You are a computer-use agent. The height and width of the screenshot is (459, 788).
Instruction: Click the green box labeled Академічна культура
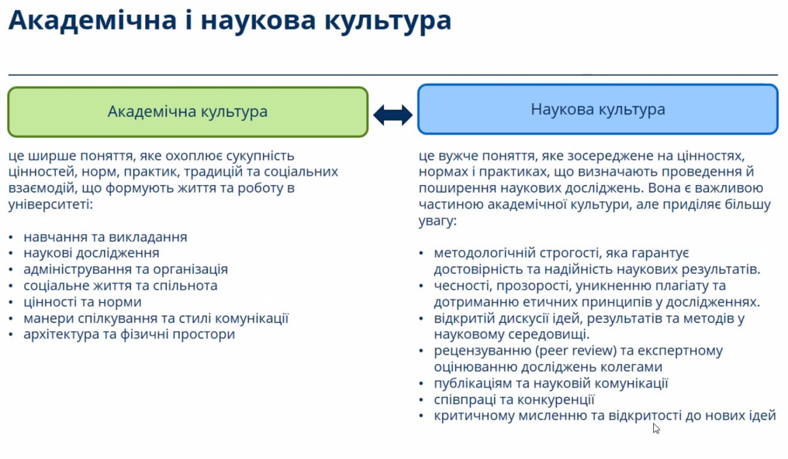tap(188, 112)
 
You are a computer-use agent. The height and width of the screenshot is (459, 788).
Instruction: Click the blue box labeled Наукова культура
tap(598, 109)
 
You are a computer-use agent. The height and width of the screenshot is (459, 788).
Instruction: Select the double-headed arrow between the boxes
tap(393, 115)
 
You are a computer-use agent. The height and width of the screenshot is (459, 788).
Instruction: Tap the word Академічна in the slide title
tap(92, 20)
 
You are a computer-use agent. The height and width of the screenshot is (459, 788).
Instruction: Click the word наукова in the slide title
tap(258, 21)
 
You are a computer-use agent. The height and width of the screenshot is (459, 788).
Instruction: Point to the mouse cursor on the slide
tap(656, 428)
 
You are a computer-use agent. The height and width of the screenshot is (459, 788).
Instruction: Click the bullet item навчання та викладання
tap(105, 237)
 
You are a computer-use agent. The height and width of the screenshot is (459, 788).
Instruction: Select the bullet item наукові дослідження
tap(92, 253)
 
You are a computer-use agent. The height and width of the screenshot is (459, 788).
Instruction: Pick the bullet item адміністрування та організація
tap(126, 269)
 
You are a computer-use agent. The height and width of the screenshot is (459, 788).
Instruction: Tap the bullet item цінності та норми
tap(82, 302)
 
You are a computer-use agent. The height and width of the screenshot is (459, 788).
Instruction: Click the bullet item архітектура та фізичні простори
tap(129, 334)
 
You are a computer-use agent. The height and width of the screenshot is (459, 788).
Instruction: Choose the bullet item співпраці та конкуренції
tap(514, 399)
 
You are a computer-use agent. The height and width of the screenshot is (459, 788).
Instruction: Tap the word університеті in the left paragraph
tap(50, 204)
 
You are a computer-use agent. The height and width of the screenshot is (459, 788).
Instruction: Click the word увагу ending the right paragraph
tap(437, 221)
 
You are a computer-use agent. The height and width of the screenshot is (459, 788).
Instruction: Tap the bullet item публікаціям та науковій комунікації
tap(551, 383)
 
